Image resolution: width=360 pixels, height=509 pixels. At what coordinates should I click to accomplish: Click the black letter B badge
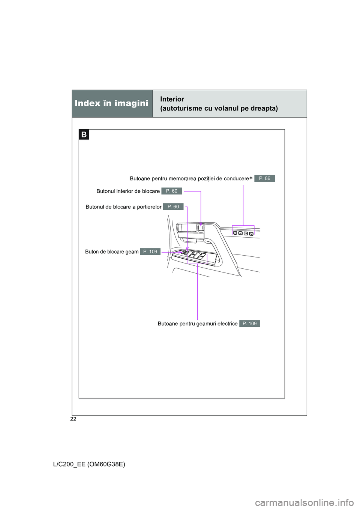tap(84, 135)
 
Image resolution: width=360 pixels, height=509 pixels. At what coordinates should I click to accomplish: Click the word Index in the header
tap(87, 103)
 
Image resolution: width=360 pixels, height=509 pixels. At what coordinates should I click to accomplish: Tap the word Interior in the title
tap(172, 99)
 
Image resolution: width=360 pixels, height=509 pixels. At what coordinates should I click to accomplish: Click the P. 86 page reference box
tap(264, 178)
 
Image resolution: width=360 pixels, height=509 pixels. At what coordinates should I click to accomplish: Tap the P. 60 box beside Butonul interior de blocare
tap(171, 191)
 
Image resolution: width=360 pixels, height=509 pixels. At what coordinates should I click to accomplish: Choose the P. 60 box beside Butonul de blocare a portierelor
tap(173, 207)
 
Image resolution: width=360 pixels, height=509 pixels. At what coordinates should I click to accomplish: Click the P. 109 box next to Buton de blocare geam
tap(150, 252)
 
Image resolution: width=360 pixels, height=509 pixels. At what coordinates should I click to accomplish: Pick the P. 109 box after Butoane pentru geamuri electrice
tap(249, 323)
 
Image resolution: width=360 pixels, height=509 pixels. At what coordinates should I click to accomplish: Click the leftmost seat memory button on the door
tap(235, 233)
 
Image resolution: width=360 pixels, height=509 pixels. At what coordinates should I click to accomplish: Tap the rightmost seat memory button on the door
tap(251, 234)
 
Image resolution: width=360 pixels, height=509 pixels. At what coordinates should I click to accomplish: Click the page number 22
tap(73, 419)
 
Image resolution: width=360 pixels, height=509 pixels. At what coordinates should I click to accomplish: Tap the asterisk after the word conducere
tap(251, 178)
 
